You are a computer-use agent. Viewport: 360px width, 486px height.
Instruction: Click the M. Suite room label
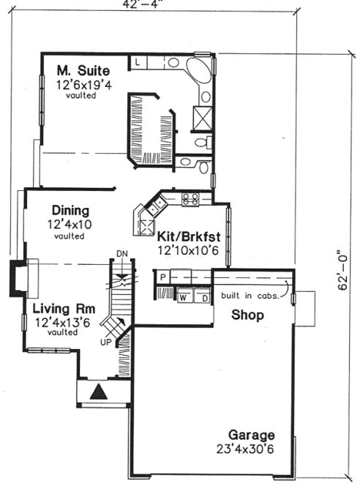coord(83,71)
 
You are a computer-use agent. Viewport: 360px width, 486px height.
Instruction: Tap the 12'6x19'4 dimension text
coord(84,84)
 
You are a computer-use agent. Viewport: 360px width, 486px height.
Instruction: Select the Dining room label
coord(70,210)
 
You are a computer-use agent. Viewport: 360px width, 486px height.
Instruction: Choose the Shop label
coord(247,315)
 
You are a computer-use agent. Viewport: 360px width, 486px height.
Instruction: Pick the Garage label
coord(250,433)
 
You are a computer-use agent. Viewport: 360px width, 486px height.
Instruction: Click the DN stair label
coord(123,254)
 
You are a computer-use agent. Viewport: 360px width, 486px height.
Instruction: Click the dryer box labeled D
coord(201,298)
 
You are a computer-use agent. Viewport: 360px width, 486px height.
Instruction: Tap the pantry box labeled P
coord(162,277)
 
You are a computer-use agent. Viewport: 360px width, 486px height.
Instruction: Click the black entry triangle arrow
coord(97,393)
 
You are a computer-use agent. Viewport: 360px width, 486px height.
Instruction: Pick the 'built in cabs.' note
coord(247,296)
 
